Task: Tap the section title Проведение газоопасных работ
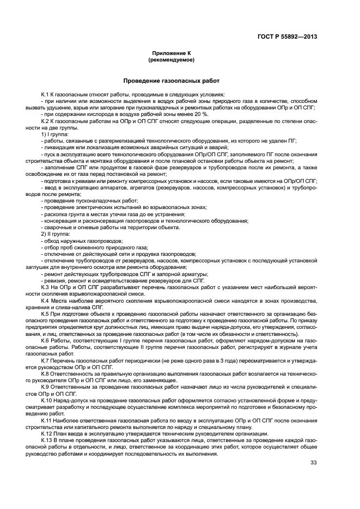tap(179, 81)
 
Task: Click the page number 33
tap(313, 463)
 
